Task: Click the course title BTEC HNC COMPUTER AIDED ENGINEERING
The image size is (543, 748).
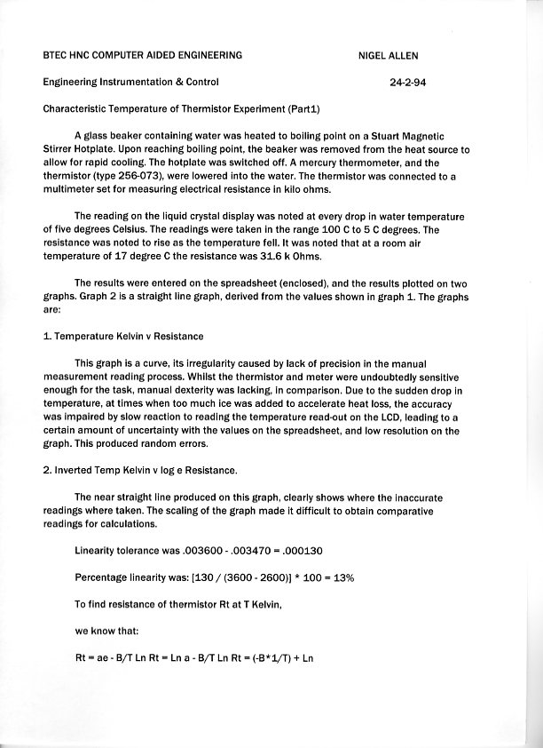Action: [142, 55]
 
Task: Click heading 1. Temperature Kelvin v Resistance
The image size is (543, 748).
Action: [123, 337]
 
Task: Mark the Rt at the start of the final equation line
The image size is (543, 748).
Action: [81, 658]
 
